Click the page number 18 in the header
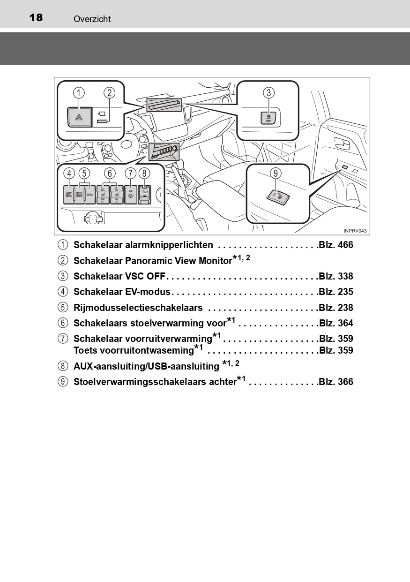(x=36, y=18)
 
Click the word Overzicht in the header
(x=92, y=19)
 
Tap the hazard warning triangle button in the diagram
(x=79, y=117)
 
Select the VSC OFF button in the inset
(x=268, y=118)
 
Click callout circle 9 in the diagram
(x=276, y=173)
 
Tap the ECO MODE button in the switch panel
(x=79, y=194)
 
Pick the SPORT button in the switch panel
(x=90, y=194)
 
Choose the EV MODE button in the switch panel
(x=68, y=194)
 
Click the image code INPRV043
(x=355, y=231)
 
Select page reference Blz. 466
(x=335, y=245)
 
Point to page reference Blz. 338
(x=335, y=277)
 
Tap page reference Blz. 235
(x=335, y=292)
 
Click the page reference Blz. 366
(x=335, y=382)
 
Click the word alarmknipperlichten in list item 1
(x=169, y=245)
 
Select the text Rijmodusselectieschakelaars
(x=138, y=308)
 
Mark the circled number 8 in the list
(x=62, y=366)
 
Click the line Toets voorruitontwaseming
(x=134, y=351)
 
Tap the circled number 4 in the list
(x=62, y=292)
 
